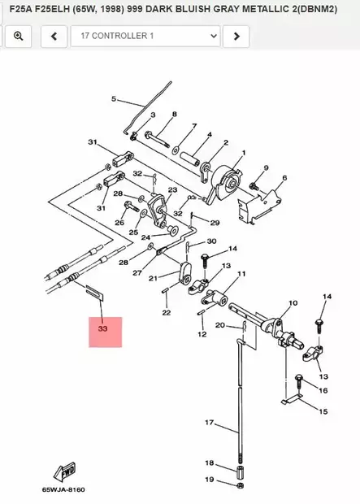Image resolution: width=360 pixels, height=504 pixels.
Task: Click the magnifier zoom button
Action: point(18,37)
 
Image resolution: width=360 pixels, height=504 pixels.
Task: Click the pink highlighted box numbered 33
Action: point(105,332)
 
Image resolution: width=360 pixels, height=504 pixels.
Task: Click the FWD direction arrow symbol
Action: point(64,472)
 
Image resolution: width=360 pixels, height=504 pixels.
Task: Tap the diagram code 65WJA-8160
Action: point(63,490)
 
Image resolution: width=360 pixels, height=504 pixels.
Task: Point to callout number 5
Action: point(115,100)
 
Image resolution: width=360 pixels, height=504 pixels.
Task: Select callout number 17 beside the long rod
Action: point(208,423)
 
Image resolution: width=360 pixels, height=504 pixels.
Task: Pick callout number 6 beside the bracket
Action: point(284,177)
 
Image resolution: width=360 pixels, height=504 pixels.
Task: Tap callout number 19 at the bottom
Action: point(209,480)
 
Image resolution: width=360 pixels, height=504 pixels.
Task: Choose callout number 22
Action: point(166,312)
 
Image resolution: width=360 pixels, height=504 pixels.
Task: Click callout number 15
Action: point(323,412)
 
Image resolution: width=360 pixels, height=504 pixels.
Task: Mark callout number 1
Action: point(242,152)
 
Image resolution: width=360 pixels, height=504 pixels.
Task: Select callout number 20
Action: point(219,325)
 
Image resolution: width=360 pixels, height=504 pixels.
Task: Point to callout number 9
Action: point(265,168)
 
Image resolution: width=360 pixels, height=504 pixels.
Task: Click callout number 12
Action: point(202,334)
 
